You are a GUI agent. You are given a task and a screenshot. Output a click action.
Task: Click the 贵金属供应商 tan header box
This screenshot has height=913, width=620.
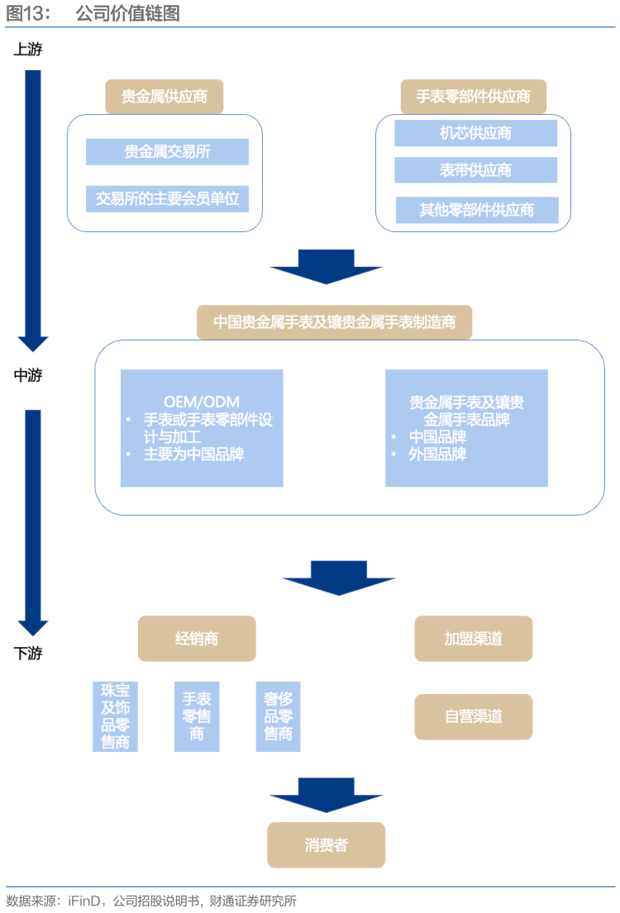click(x=165, y=97)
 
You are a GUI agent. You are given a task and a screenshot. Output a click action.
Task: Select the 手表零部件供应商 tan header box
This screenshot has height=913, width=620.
click(x=474, y=97)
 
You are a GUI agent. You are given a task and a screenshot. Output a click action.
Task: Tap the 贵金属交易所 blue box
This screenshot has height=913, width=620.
click(x=167, y=152)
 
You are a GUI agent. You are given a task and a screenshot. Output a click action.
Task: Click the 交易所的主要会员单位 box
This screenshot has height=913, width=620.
click(x=167, y=198)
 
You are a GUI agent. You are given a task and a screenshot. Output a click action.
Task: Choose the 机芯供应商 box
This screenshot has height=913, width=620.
click(x=475, y=133)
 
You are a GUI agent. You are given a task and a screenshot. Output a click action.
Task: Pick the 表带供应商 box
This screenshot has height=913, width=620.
click(x=475, y=170)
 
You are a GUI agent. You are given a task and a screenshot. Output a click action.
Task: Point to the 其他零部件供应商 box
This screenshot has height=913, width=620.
click(x=476, y=210)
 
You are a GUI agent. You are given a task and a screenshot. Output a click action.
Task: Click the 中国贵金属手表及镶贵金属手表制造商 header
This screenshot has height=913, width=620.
click(x=334, y=322)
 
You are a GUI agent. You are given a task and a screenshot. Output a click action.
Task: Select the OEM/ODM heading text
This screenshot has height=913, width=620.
click(x=202, y=402)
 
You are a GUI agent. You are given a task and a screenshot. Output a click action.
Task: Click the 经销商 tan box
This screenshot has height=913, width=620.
click(x=197, y=639)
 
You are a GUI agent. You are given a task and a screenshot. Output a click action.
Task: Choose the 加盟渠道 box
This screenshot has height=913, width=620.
click(x=473, y=639)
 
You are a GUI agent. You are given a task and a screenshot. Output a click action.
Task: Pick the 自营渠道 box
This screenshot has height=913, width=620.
click(x=473, y=716)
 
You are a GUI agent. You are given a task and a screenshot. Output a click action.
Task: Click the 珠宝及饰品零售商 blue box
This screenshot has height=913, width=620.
click(x=115, y=716)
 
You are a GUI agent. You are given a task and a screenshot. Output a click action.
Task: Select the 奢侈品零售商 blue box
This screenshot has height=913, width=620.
click(x=278, y=716)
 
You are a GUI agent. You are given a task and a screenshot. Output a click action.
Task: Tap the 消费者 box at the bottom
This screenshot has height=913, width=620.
click(x=326, y=844)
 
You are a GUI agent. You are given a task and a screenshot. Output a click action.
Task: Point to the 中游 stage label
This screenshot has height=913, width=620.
click(x=28, y=376)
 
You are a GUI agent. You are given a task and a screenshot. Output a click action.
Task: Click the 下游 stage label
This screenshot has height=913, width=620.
click(x=28, y=654)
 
